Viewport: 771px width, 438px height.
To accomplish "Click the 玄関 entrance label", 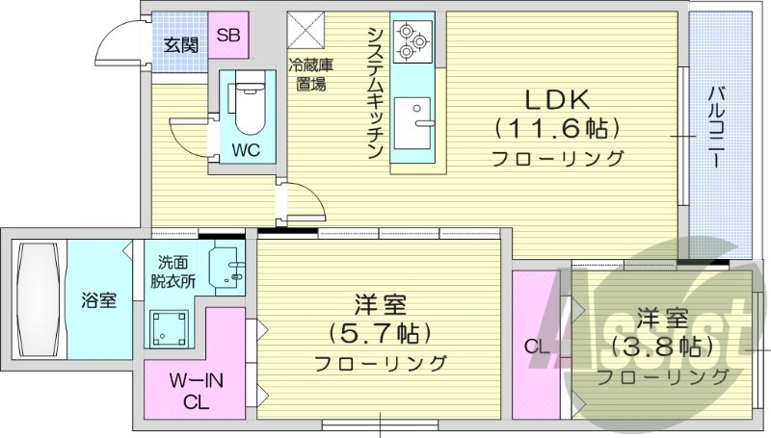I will point(180,43).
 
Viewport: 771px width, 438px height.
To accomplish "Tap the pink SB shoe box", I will point(228,36).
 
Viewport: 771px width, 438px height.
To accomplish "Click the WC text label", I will point(245,150).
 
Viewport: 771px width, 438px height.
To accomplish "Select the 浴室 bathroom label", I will point(97,300).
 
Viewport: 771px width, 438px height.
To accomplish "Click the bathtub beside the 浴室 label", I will point(40,298).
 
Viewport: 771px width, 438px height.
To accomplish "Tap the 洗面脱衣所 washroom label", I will point(176,272).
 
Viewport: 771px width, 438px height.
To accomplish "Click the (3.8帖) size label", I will point(663,345).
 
